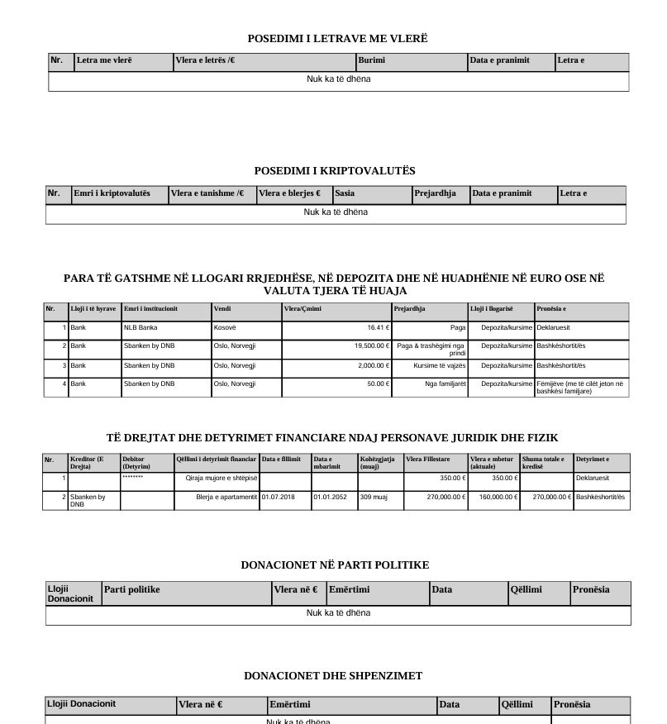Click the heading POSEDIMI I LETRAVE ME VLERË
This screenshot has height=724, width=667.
tap(337, 39)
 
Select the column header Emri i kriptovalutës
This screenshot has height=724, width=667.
tap(112, 193)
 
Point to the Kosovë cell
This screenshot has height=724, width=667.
tap(225, 328)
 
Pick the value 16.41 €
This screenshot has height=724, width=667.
tap(379, 328)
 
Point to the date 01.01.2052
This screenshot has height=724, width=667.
tap(330, 497)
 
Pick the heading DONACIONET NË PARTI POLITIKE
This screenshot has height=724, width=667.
tap(335, 565)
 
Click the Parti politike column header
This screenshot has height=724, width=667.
tap(131, 589)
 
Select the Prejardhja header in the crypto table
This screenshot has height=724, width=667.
tap(436, 193)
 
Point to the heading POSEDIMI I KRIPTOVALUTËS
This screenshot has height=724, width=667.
tap(335, 171)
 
